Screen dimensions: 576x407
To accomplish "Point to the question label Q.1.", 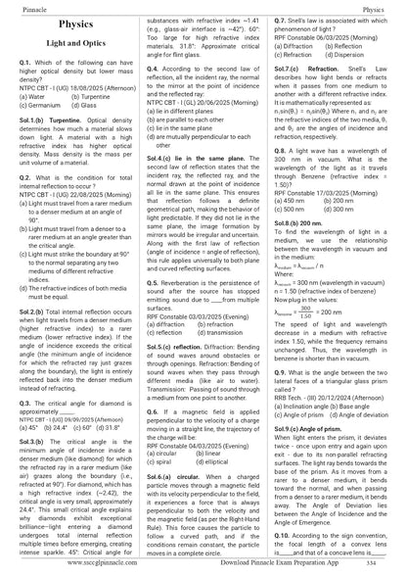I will coord(26,61).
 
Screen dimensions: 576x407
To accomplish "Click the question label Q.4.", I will coord(155,71).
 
